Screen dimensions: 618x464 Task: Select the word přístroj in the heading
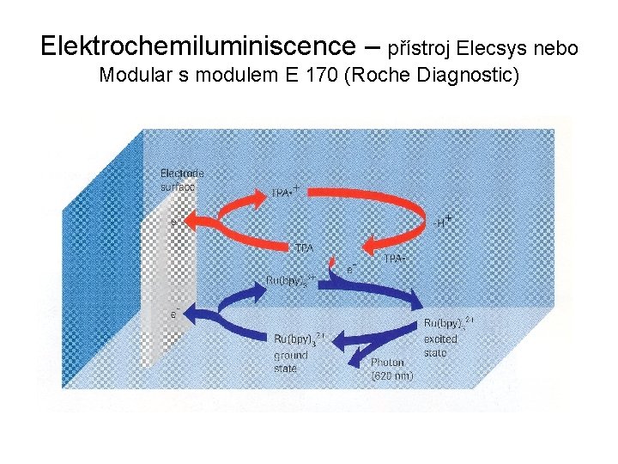[x=422, y=48]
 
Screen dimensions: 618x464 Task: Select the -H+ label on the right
[x=442, y=223]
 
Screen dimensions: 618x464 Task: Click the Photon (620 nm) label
[x=393, y=369]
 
